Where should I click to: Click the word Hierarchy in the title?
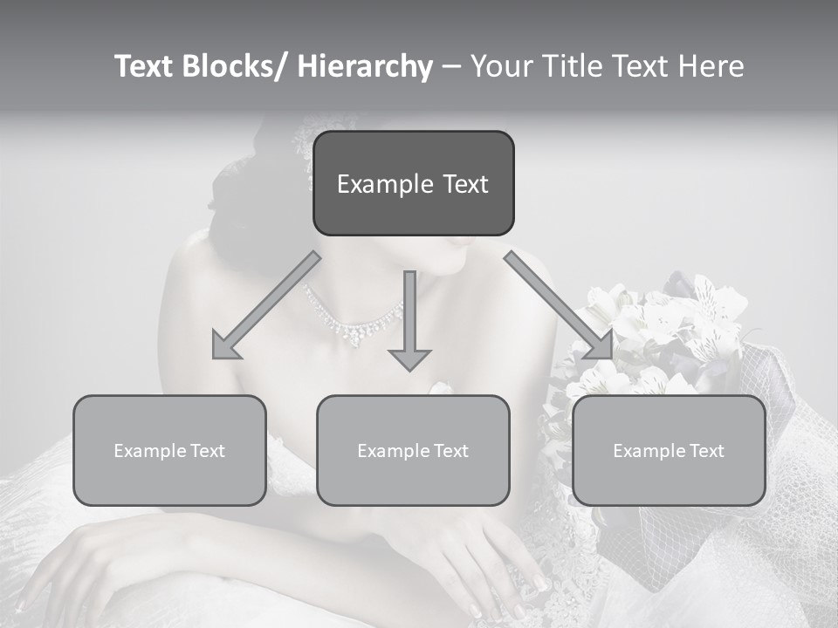[x=365, y=66]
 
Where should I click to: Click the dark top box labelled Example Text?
[x=413, y=183]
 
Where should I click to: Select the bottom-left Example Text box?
[x=169, y=450]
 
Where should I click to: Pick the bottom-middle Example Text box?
[x=413, y=450]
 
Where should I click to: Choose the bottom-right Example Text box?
[x=669, y=450]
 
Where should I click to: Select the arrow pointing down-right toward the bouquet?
[x=559, y=305]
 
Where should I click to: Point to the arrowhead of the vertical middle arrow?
[x=409, y=358]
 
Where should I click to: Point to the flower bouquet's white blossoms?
[x=663, y=323]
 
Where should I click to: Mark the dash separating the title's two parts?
[x=451, y=66]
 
